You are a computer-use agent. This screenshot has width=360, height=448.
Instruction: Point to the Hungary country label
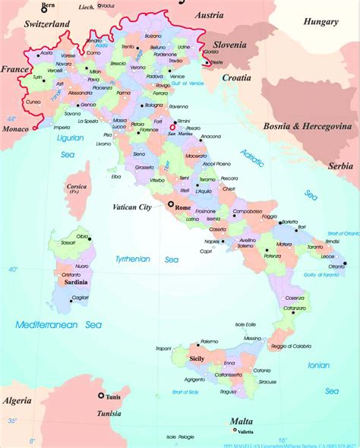pyautogui.click(x=321, y=22)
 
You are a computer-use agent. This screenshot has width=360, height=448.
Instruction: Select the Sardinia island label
pyautogui.click(x=71, y=282)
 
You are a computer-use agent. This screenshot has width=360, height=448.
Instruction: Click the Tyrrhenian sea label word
pyautogui.click(x=133, y=259)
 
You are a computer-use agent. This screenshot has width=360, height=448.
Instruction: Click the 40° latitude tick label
pyautogui.click(x=13, y=270)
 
